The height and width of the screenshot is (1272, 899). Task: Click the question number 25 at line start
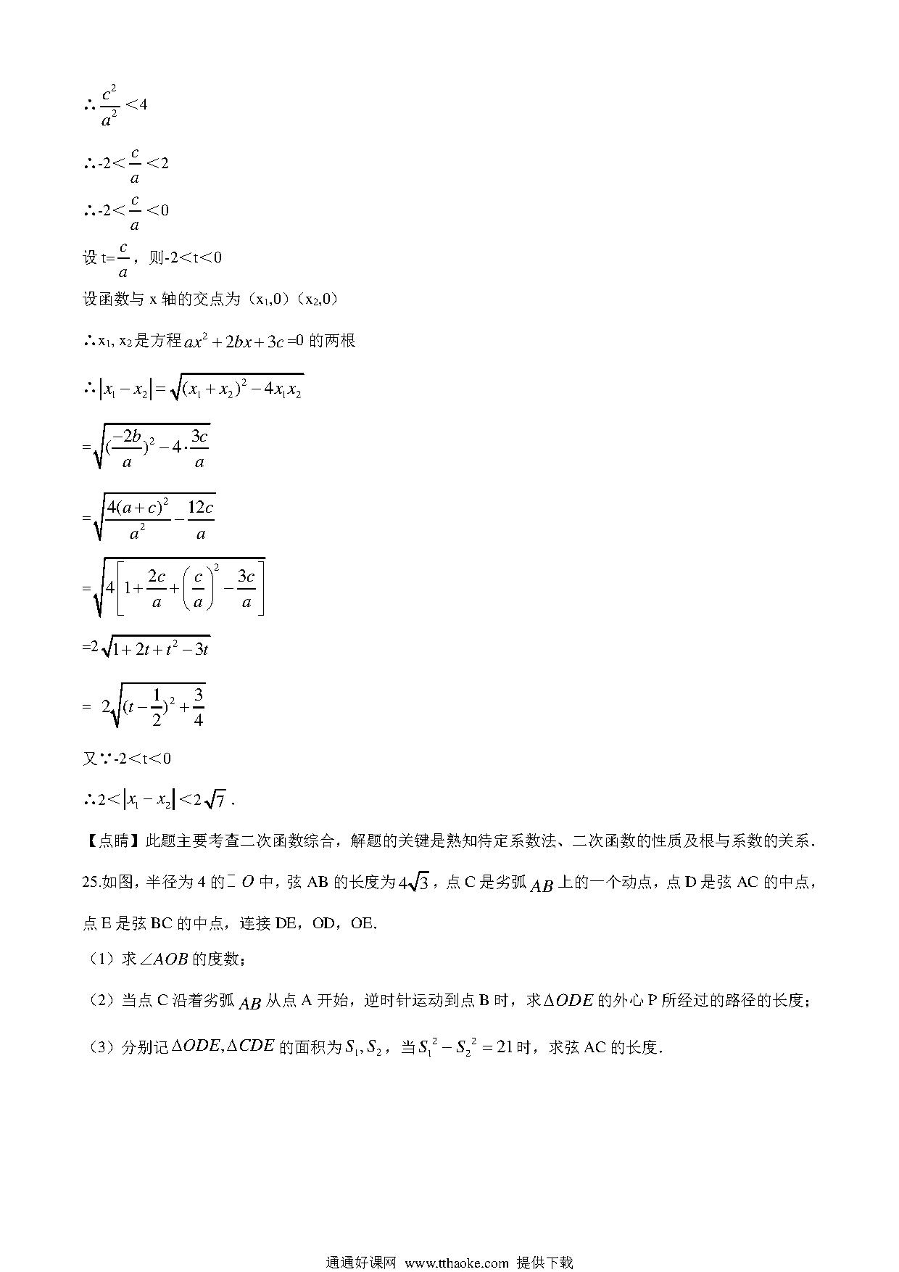92,882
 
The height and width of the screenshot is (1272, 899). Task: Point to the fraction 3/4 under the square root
198,707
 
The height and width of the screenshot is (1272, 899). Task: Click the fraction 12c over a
201,520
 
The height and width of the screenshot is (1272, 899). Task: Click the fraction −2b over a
127,449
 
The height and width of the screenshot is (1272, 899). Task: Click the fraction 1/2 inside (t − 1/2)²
155,707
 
